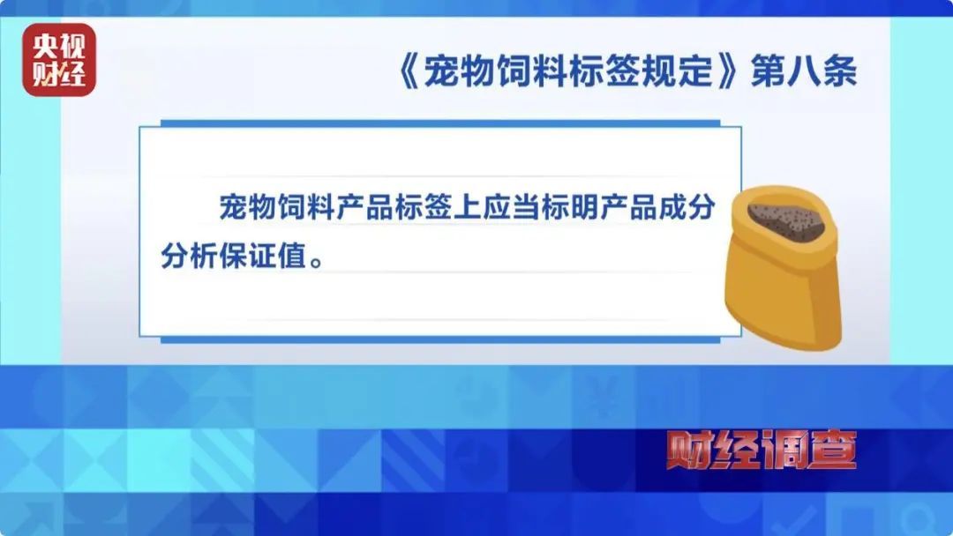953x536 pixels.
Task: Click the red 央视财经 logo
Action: pyautogui.click(x=59, y=59)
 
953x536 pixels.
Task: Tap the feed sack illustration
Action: pyautogui.click(x=781, y=264)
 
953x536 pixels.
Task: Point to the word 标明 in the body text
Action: pyautogui.click(x=552, y=210)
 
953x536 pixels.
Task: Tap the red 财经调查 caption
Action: pyautogui.click(x=761, y=450)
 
